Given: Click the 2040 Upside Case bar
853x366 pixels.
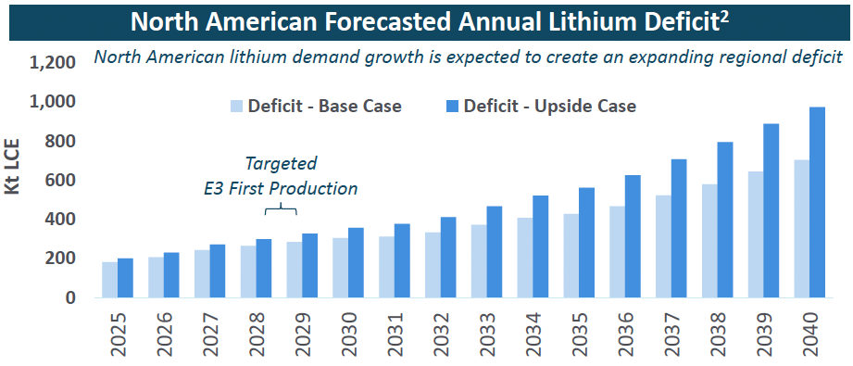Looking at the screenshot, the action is (817, 202).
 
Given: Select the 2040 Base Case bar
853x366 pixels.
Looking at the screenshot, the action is (801, 229).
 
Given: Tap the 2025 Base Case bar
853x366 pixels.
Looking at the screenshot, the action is (109, 280).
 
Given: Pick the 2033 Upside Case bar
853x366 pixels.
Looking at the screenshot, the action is (495, 252).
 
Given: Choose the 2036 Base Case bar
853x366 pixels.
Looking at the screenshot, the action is (617, 252).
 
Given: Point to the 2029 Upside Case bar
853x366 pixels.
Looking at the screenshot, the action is (310, 266).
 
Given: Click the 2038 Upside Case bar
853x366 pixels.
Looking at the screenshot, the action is (725, 220).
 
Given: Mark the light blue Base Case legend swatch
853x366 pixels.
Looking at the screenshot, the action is (237, 105).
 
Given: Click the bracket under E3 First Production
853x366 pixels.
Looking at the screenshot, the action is (281, 208).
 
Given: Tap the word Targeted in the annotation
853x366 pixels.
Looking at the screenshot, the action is (281, 164).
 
